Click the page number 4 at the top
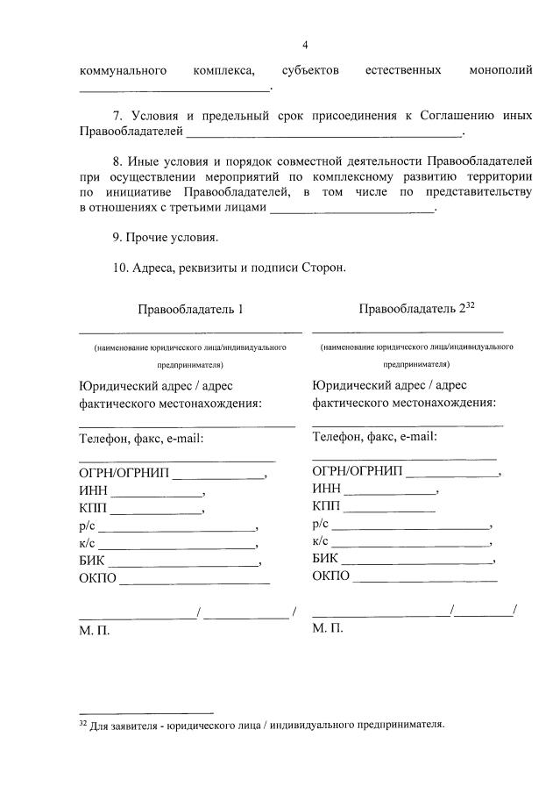tap(305, 46)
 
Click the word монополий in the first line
tap(500, 69)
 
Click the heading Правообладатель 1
tap(190, 309)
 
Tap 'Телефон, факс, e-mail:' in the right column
tap(374, 436)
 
